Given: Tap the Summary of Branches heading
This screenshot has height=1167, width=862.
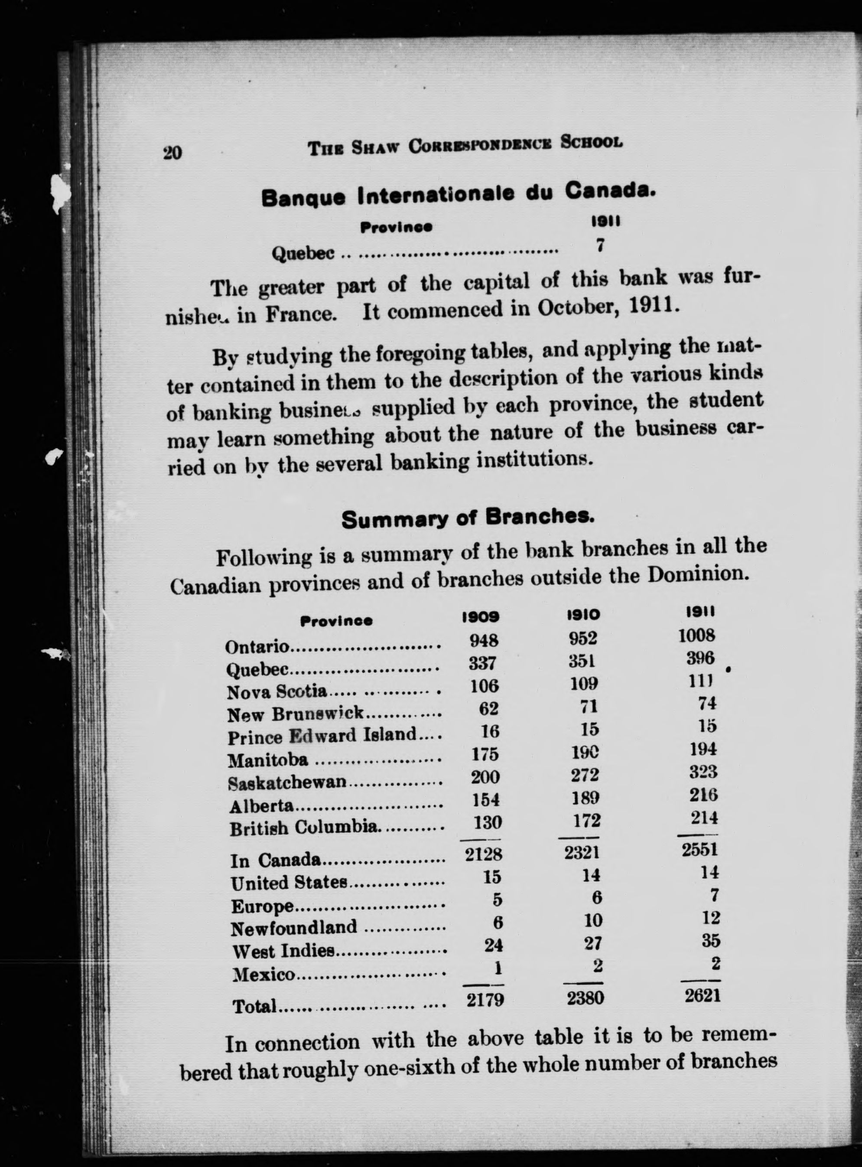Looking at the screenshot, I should tap(468, 518).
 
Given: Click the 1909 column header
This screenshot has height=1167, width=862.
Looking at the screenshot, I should tap(481, 617).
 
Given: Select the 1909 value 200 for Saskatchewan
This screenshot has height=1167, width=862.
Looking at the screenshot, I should tap(485, 777).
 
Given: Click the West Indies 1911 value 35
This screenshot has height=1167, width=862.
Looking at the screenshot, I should tap(710, 940).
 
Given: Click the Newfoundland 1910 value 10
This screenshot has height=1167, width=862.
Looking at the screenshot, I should tap(593, 919).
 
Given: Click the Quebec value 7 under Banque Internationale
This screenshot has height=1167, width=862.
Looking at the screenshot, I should tap(601, 245).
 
